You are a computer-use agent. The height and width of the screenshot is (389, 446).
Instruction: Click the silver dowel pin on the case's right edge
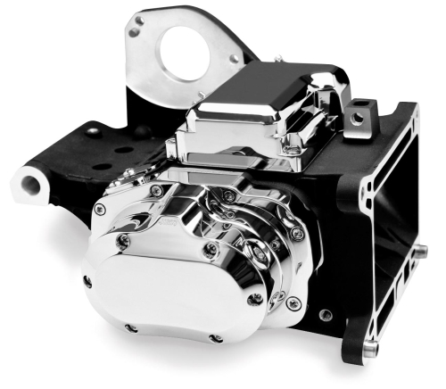point(419,254)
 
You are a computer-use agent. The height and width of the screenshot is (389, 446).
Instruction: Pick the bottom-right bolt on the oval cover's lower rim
point(214,338)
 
